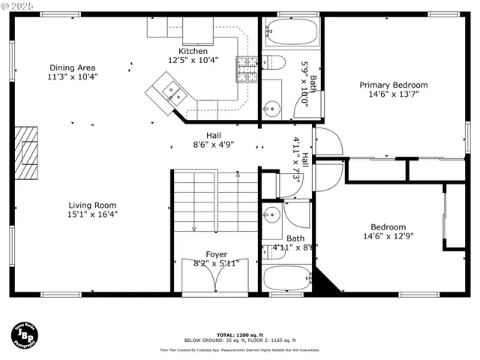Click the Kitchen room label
(x=193, y=51)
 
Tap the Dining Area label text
(x=73, y=67)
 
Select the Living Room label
(x=93, y=205)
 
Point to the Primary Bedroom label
(x=393, y=85)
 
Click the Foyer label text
(x=216, y=254)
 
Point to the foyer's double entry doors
(x=216, y=276)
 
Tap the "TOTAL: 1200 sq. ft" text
(x=240, y=334)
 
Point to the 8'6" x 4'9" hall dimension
(x=213, y=145)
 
